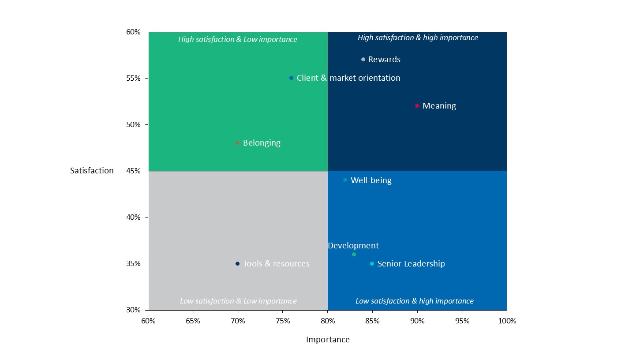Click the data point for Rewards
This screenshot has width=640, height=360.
(363, 60)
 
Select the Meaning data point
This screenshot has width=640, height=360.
(417, 106)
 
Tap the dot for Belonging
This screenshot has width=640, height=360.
(237, 143)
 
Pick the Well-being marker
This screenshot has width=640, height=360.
(345, 180)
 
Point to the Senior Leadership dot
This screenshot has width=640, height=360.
(372, 264)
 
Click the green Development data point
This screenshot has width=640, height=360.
(354, 255)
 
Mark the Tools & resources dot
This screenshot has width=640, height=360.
(237, 264)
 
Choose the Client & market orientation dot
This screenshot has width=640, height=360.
(291, 78)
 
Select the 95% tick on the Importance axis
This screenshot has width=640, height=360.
(462, 321)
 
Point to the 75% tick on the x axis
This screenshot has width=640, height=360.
(283, 321)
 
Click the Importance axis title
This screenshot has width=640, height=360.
(328, 340)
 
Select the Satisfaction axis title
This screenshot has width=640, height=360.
(92, 171)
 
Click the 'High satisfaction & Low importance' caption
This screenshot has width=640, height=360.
(238, 39)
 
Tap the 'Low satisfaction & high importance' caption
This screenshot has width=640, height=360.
(415, 301)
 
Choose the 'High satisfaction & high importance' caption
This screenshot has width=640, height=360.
(418, 38)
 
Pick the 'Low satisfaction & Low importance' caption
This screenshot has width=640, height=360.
(238, 301)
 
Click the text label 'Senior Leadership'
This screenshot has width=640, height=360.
(411, 264)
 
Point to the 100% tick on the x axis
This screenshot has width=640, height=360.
(507, 321)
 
